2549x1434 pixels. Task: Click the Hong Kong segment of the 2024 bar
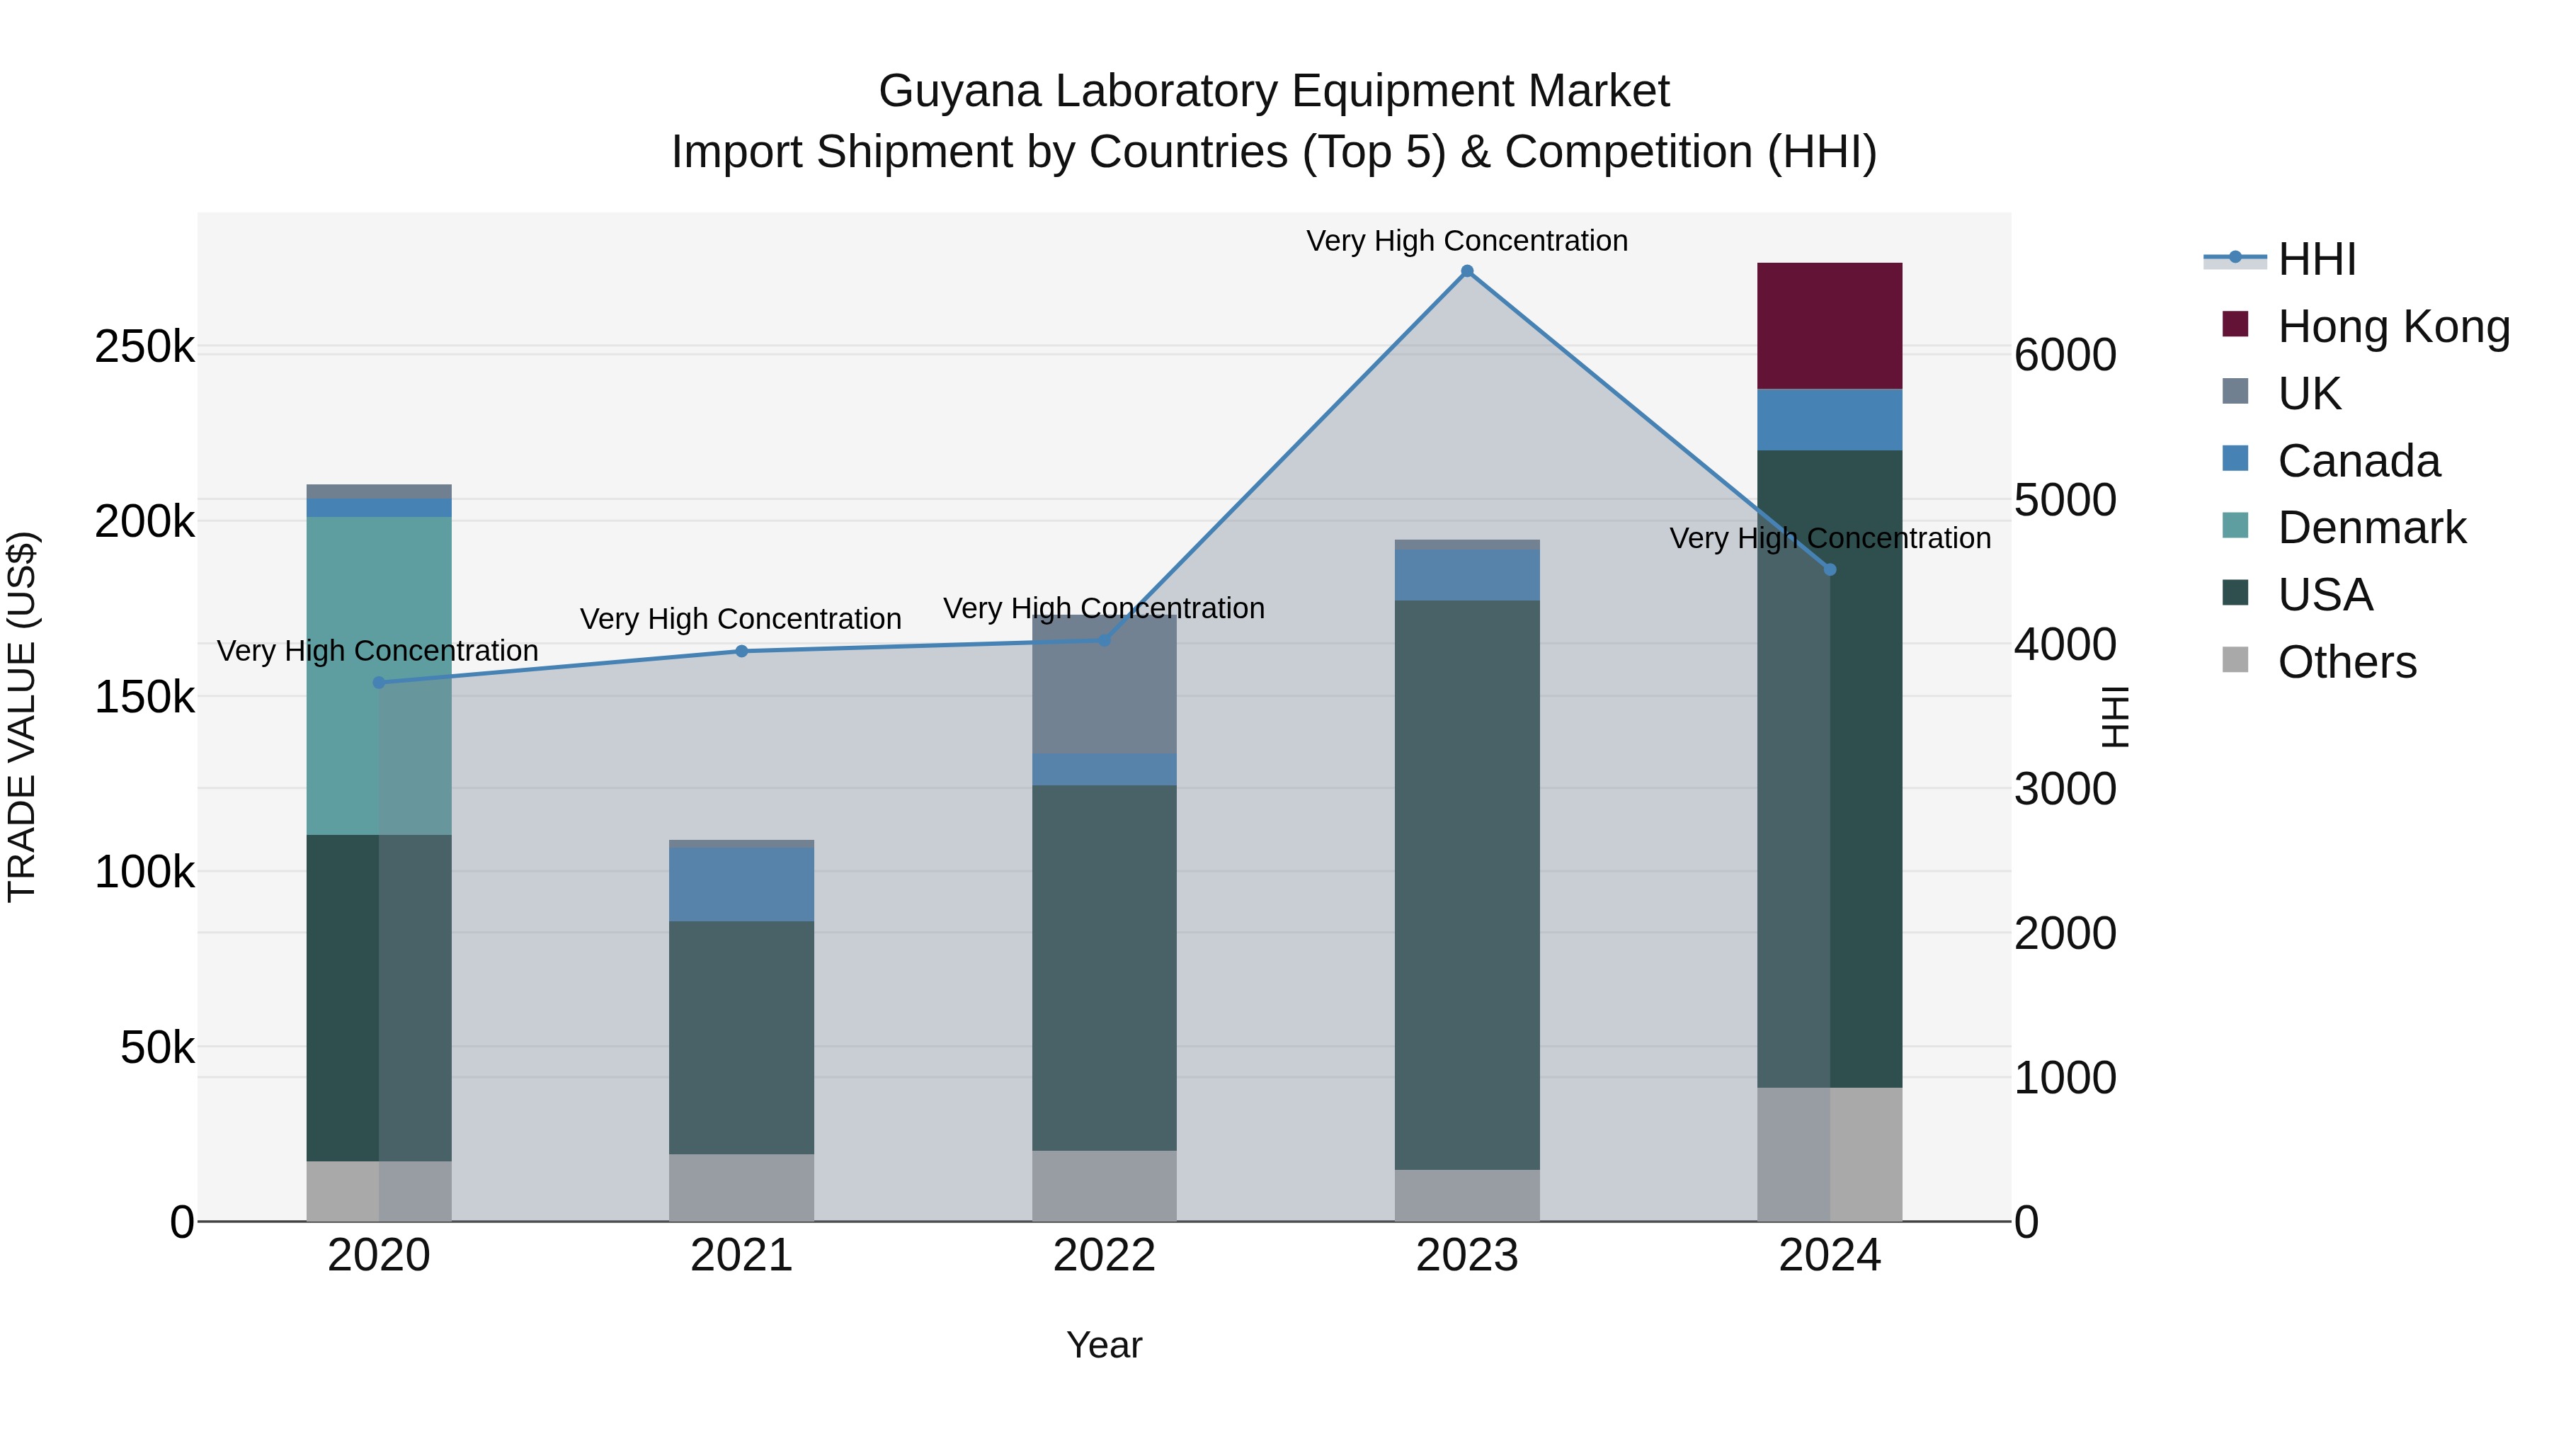pyautogui.click(x=1829, y=326)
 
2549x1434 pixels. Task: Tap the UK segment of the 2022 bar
pyautogui.click(x=1105, y=685)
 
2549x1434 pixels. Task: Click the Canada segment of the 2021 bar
pyautogui.click(x=741, y=884)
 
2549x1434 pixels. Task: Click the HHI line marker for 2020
pyautogui.click(x=379, y=682)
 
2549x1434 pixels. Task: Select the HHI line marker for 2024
pyautogui.click(x=1829, y=569)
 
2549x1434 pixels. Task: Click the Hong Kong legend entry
pyautogui.click(x=2393, y=326)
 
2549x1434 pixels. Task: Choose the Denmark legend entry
pyautogui.click(x=2371, y=528)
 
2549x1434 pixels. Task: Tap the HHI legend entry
pyautogui.click(x=2315, y=259)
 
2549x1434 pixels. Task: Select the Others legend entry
pyautogui.click(x=2346, y=662)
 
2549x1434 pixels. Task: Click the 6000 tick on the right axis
pyautogui.click(x=2065, y=355)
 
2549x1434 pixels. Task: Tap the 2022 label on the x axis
pyautogui.click(x=1105, y=1256)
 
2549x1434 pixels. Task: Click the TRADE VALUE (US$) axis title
pyautogui.click(x=22, y=717)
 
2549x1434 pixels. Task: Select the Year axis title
pyautogui.click(x=1105, y=1345)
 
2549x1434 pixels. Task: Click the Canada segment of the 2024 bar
pyautogui.click(x=1829, y=420)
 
